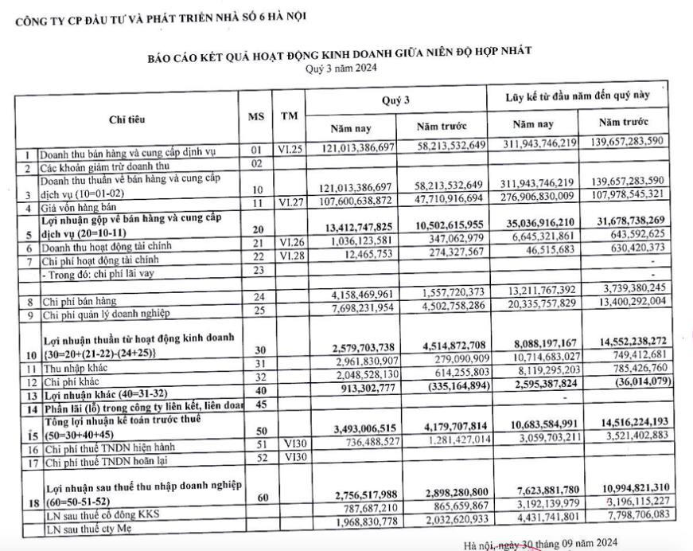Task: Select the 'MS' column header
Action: [256, 116]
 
